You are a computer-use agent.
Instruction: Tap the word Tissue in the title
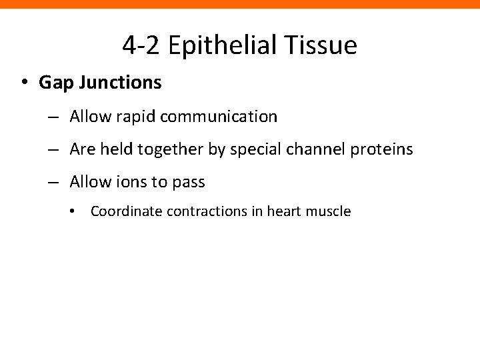click(x=325, y=45)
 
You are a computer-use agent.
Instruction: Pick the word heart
click(x=285, y=212)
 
